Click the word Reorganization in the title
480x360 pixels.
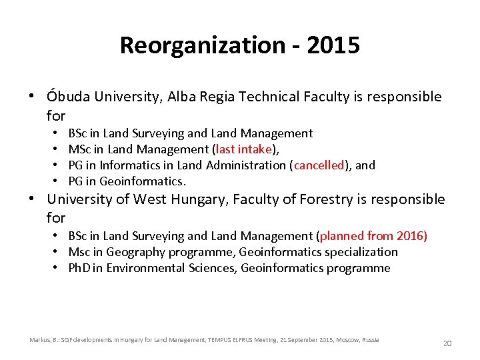click(202, 46)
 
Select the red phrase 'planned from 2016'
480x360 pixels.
click(373, 236)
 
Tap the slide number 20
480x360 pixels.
click(447, 343)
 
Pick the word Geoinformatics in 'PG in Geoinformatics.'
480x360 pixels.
click(141, 181)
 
